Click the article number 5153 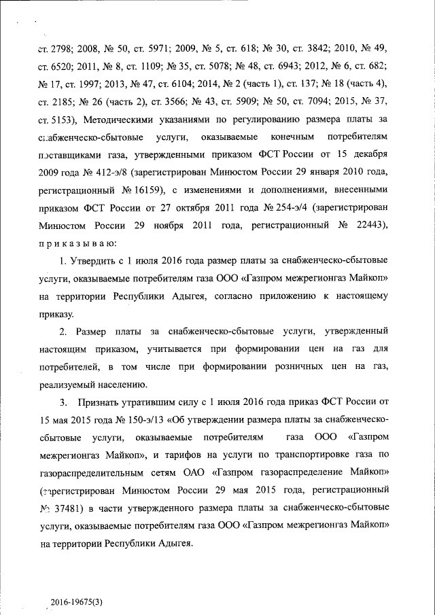pyautogui.click(x=58, y=120)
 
